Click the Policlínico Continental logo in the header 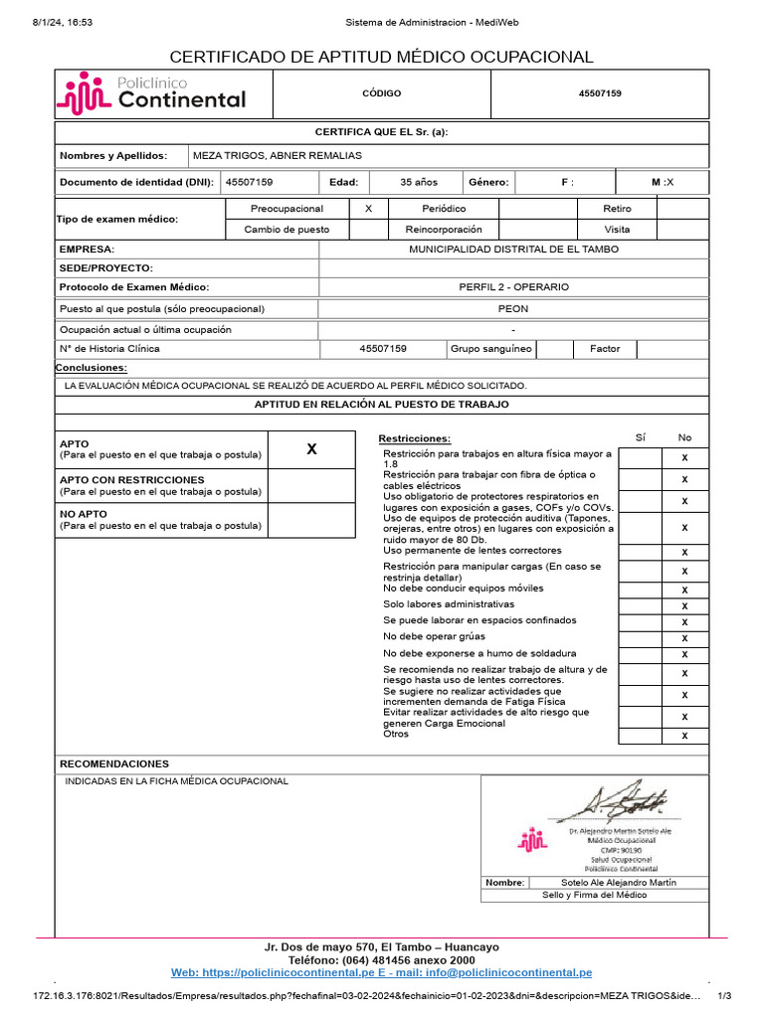152,92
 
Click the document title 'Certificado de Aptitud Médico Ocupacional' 381,57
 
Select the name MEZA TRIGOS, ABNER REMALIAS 278,156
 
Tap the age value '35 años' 418,182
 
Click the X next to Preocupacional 369,209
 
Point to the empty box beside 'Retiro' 682,209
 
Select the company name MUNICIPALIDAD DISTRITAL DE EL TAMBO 513,249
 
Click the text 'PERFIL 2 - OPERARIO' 513,286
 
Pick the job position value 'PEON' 513,308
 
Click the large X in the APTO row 311,449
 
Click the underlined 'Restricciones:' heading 414,438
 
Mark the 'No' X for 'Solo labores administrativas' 684,605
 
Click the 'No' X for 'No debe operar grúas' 684,637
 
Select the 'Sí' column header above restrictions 640,437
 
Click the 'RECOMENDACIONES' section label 114,763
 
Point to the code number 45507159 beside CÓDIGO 600,93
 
